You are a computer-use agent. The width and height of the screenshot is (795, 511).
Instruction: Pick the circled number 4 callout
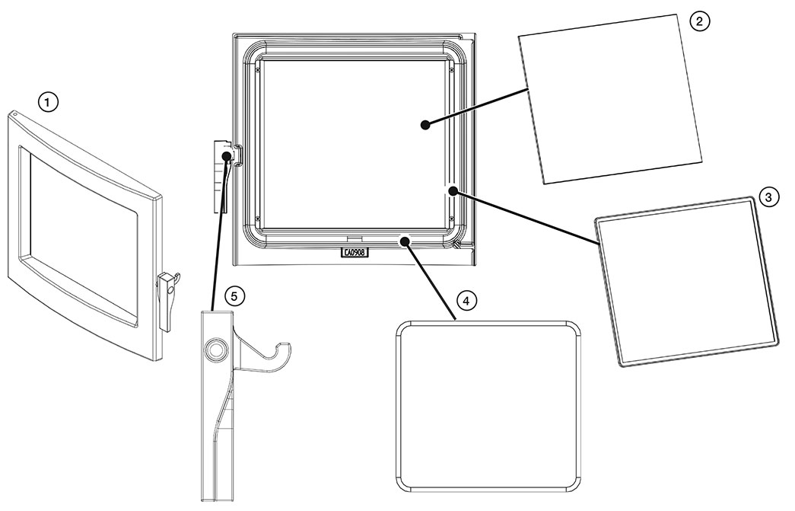tap(466, 301)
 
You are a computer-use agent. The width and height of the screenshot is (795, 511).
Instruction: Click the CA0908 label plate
tap(355, 253)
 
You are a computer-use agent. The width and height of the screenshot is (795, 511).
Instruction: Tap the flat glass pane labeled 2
tap(609, 99)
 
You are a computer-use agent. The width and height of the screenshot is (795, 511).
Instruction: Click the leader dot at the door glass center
tap(426, 123)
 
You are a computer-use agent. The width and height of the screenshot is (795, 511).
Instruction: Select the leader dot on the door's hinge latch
tap(227, 156)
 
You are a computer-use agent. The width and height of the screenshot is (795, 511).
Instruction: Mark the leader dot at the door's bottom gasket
tap(406, 241)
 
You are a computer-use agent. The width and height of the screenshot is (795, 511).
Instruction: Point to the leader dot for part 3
tap(452, 190)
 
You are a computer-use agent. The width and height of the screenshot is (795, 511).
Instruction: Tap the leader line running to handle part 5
tap(221, 228)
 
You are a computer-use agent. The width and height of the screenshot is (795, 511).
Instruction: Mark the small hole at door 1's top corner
tap(14, 116)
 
